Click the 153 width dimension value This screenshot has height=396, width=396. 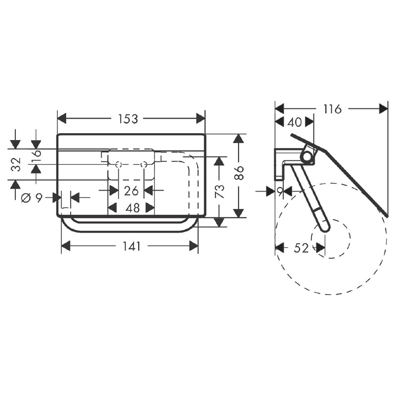(x=129, y=119)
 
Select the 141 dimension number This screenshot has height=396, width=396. (x=131, y=246)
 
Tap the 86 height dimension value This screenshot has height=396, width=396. (x=239, y=173)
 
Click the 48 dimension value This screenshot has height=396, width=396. (x=132, y=208)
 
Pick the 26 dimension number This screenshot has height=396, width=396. (x=131, y=191)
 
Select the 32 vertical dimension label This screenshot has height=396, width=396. (x=17, y=164)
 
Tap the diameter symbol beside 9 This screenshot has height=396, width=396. (x=26, y=198)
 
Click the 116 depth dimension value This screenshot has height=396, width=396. (x=332, y=109)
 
